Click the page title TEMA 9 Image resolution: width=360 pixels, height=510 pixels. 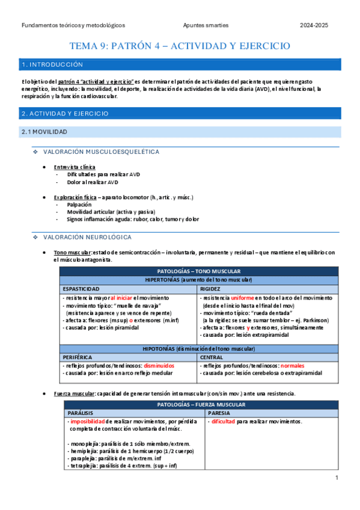coord(180,46)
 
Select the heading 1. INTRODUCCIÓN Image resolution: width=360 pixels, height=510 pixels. coord(52,64)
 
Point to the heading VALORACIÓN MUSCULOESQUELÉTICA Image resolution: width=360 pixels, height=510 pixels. coord(102,152)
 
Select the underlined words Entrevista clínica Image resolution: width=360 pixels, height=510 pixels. coord(74,167)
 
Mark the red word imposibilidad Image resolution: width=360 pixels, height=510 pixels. coord(88,422)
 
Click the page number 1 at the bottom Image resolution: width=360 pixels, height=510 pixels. coord(338,478)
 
